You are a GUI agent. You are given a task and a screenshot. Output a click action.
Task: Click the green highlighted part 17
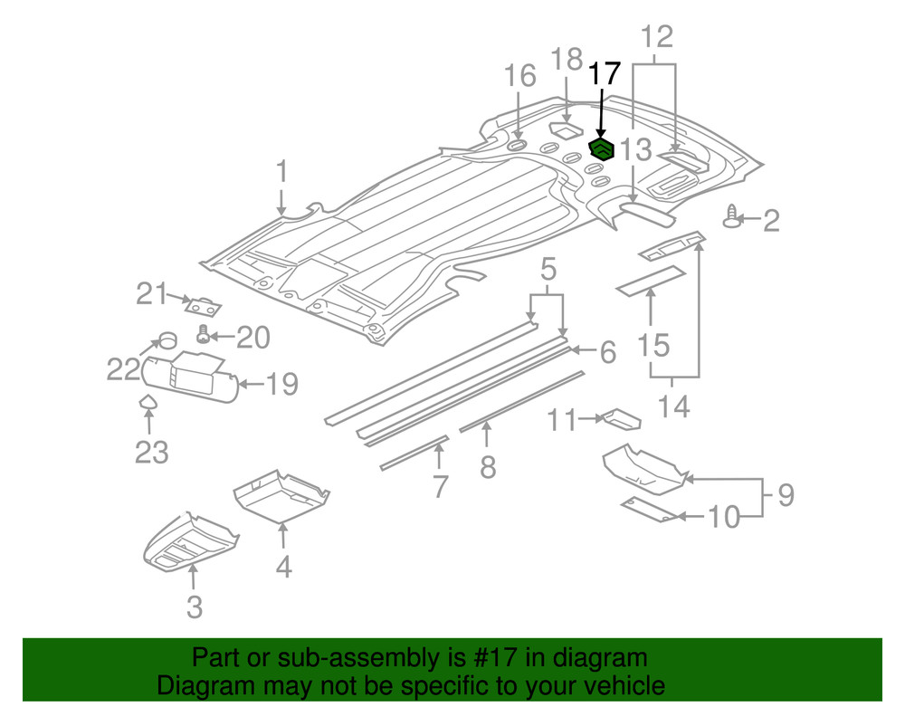[x=601, y=148]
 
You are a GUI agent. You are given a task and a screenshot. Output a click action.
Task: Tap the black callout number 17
[x=605, y=74]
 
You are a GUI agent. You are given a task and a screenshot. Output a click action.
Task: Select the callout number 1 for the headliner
[x=281, y=172]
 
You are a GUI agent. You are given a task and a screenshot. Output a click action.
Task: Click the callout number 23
[x=151, y=450]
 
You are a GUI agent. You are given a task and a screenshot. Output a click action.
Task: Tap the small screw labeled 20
[x=204, y=336]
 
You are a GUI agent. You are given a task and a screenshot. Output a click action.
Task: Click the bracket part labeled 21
[x=203, y=304]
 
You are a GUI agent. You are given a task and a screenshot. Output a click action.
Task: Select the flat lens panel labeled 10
[x=651, y=510]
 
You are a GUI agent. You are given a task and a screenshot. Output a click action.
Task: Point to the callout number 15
[x=653, y=345]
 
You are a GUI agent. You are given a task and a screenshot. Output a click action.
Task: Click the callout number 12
[x=658, y=38]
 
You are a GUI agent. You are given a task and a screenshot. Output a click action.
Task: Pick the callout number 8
[x=488, y=467]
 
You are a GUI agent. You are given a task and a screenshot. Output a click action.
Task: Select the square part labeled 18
[x=567, y=130]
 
